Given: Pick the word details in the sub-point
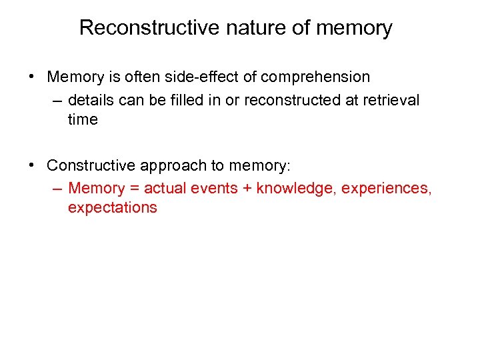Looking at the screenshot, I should click(91, 100).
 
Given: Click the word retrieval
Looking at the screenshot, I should click(389, 100).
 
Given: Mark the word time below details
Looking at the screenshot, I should click(83, 119).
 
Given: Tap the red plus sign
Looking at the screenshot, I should click(247, 188).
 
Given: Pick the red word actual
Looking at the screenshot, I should click(165, 188).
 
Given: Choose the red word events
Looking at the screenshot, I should click(215, 188).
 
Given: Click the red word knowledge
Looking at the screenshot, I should click(297, 188).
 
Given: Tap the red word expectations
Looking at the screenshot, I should click(112, 207).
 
